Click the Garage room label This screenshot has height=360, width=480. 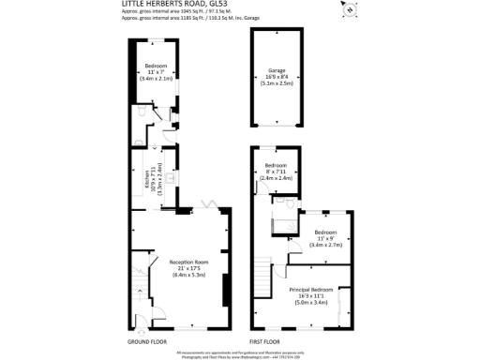[277, 70]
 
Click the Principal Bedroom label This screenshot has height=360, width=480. [310, 291]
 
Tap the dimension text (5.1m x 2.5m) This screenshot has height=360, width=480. [277, 82]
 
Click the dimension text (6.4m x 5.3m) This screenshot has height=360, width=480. [187, 276]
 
